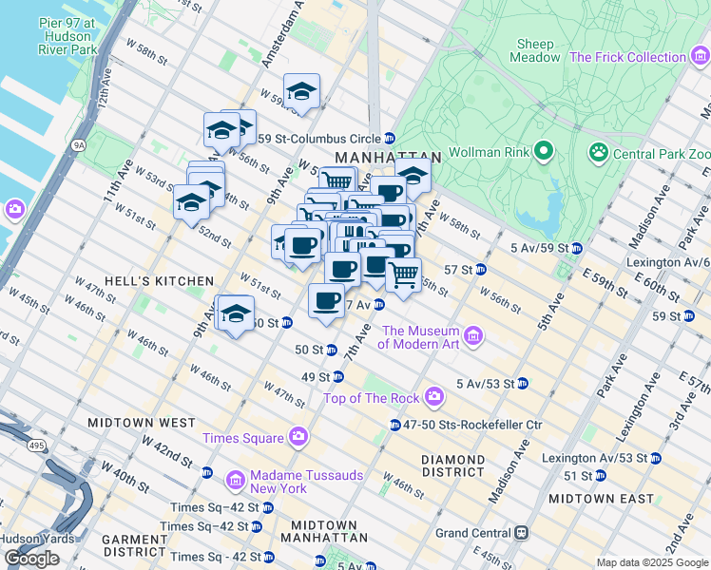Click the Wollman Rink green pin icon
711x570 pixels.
coord(543,151)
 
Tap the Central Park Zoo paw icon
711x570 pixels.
coord(598,151)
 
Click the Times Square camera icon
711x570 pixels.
coord(298,437)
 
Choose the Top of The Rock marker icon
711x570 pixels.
coord(434,395)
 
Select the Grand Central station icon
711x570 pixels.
coord(521,533)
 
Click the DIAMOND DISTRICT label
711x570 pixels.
coord(453,465)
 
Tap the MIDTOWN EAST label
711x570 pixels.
coord(601,499)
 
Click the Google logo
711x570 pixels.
coord(31,559)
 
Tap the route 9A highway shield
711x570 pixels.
coord(80,145)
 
